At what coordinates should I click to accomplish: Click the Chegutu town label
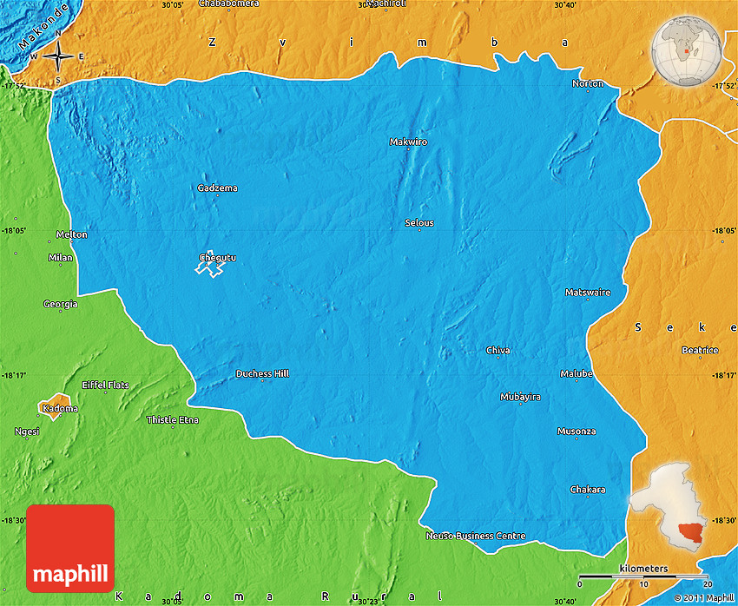(217, 258)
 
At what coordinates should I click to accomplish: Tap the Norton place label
(588, 83)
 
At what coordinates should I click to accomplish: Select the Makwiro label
(408, 142)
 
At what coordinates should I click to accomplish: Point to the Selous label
(419, 223)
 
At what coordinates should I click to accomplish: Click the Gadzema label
(217, 188)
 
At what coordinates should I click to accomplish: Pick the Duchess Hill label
(262, 374)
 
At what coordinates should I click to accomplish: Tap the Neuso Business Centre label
(476, 536)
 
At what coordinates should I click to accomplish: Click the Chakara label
(588, 490)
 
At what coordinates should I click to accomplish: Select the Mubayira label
(520, 397)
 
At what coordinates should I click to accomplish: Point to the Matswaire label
(588, 293)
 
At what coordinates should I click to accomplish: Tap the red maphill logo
(70, 548)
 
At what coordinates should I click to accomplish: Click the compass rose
(58, 57)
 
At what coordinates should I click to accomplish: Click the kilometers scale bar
(643, 576)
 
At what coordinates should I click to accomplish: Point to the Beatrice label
(700, 351)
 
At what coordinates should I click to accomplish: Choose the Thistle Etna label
(172, 420)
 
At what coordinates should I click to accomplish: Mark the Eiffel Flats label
(105, 385)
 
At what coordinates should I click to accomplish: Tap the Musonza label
(577, 431)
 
